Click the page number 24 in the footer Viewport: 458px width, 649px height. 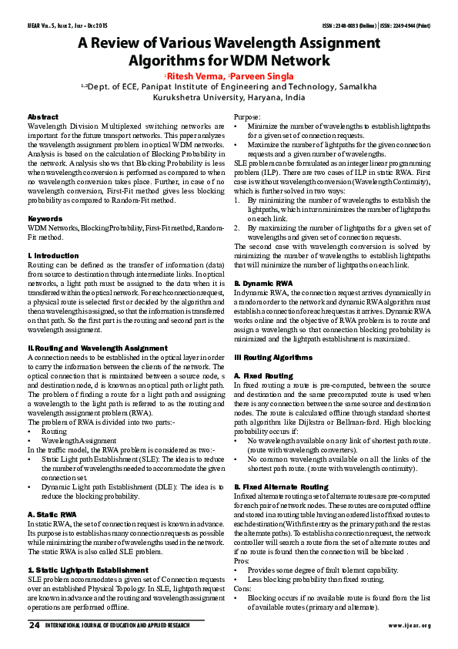point(33,625)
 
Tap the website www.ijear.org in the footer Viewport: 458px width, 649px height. point(410,625)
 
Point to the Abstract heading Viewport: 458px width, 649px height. point(42,116)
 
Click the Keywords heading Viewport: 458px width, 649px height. point(45,219)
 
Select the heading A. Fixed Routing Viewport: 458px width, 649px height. point(263,375)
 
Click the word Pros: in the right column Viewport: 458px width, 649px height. point(243,561)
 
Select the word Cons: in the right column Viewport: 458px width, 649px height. point(244,589)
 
